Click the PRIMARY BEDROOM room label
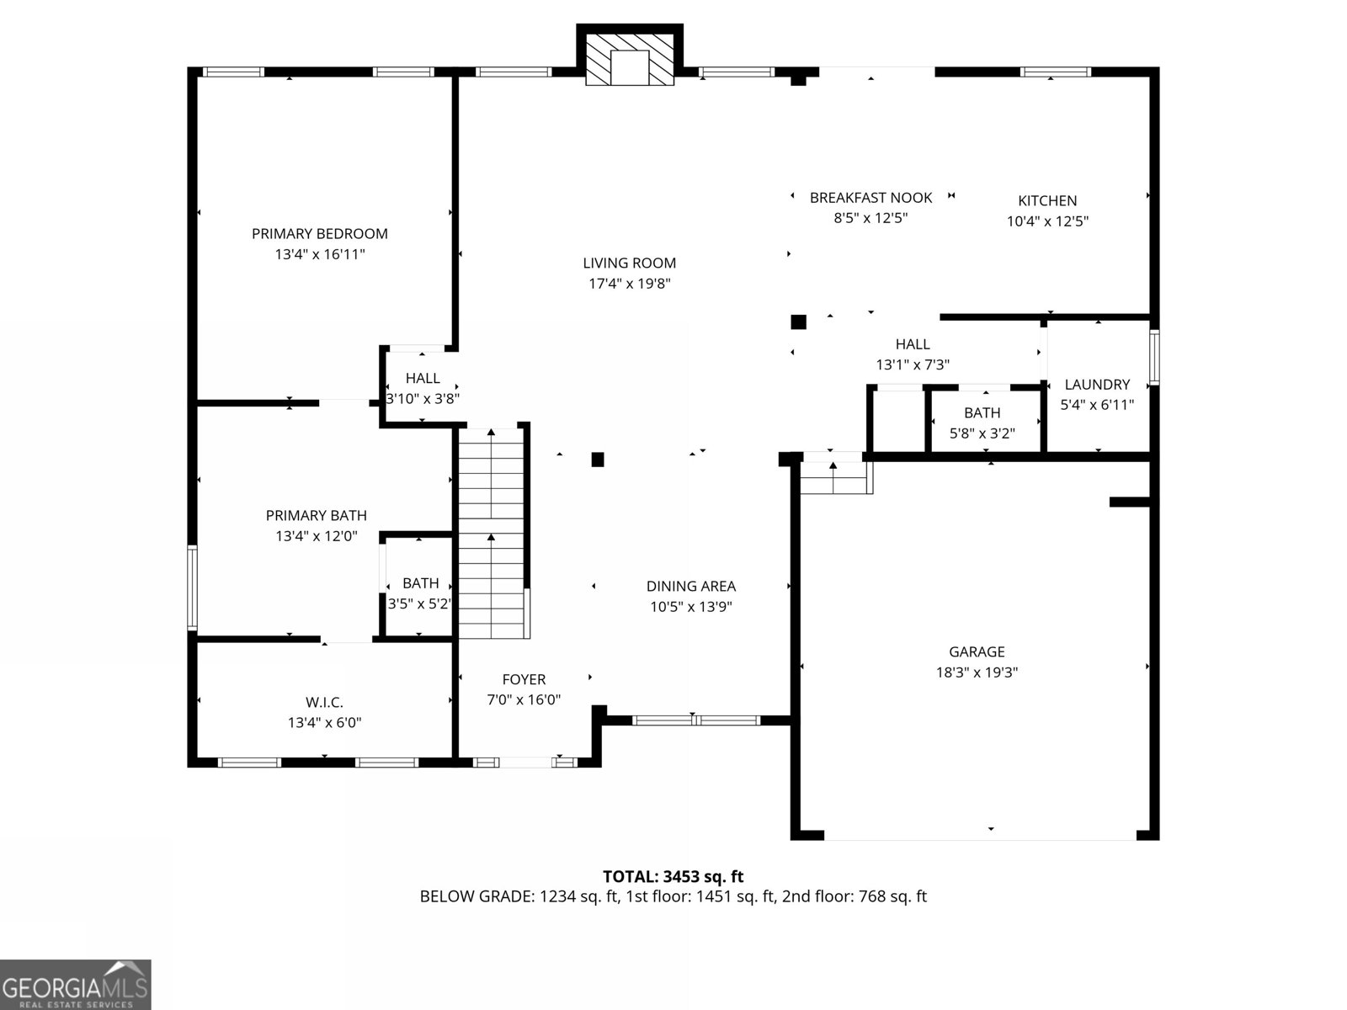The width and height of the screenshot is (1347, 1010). tap(319, 234)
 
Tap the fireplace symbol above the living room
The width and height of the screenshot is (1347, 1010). tap(629, 58)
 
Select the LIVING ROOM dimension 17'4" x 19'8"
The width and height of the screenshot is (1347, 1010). tap(629, 284)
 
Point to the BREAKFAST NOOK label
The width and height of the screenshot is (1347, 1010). tap(870, 198)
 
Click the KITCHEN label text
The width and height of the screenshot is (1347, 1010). tap(1047, 201)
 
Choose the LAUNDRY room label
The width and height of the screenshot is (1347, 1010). tap(1097, 385)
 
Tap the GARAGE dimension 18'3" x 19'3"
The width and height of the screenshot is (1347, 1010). tap(977, 672)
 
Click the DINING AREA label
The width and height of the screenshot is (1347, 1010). tap(690, 587)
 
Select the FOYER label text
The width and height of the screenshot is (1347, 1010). tap(524, 679)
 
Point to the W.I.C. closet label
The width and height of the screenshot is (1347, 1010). tap(324, 702)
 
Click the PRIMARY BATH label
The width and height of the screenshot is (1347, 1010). tap(316, 515)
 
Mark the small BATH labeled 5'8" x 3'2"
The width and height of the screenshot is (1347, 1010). tap(982, 413)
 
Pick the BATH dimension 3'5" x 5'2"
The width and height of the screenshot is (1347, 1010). tap(420, 603)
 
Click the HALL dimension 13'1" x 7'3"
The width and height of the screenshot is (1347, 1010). tap(913, 365)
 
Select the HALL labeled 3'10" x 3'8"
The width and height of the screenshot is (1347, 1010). tap(423, 379)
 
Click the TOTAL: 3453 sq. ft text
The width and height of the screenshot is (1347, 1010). tap(673, 877)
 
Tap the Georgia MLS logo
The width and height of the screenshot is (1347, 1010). tap(76, 984)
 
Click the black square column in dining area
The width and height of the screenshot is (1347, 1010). tap(598, 460)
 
